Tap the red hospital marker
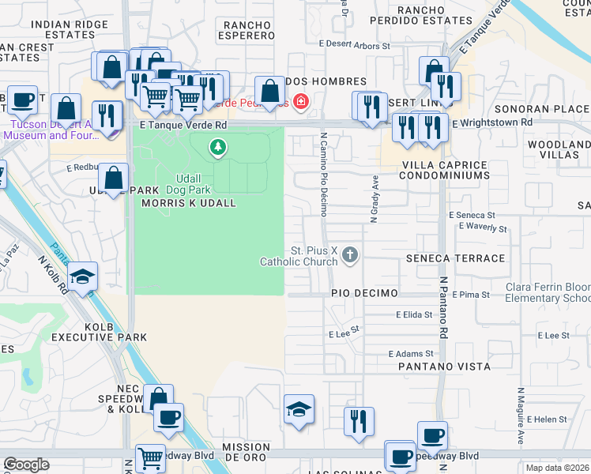[x=300, y=100]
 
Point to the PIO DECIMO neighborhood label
[x=363, y=293]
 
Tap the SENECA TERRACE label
[x=454, y=258]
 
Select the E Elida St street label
[x=414, y=314]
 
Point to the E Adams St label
[x=411, y=354]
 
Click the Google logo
[x=26, y=465]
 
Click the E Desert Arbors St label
[x=355, y=46]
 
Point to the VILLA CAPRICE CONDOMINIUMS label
[x=444, y=170]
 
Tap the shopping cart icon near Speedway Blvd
[x=149, y=457]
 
